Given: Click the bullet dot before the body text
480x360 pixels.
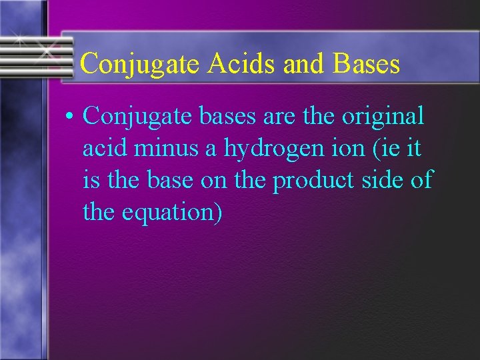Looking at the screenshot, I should coord(71,117).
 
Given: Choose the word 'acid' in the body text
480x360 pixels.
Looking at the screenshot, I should coord(104,147).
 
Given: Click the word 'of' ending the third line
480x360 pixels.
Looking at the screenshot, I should coord(422,179).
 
